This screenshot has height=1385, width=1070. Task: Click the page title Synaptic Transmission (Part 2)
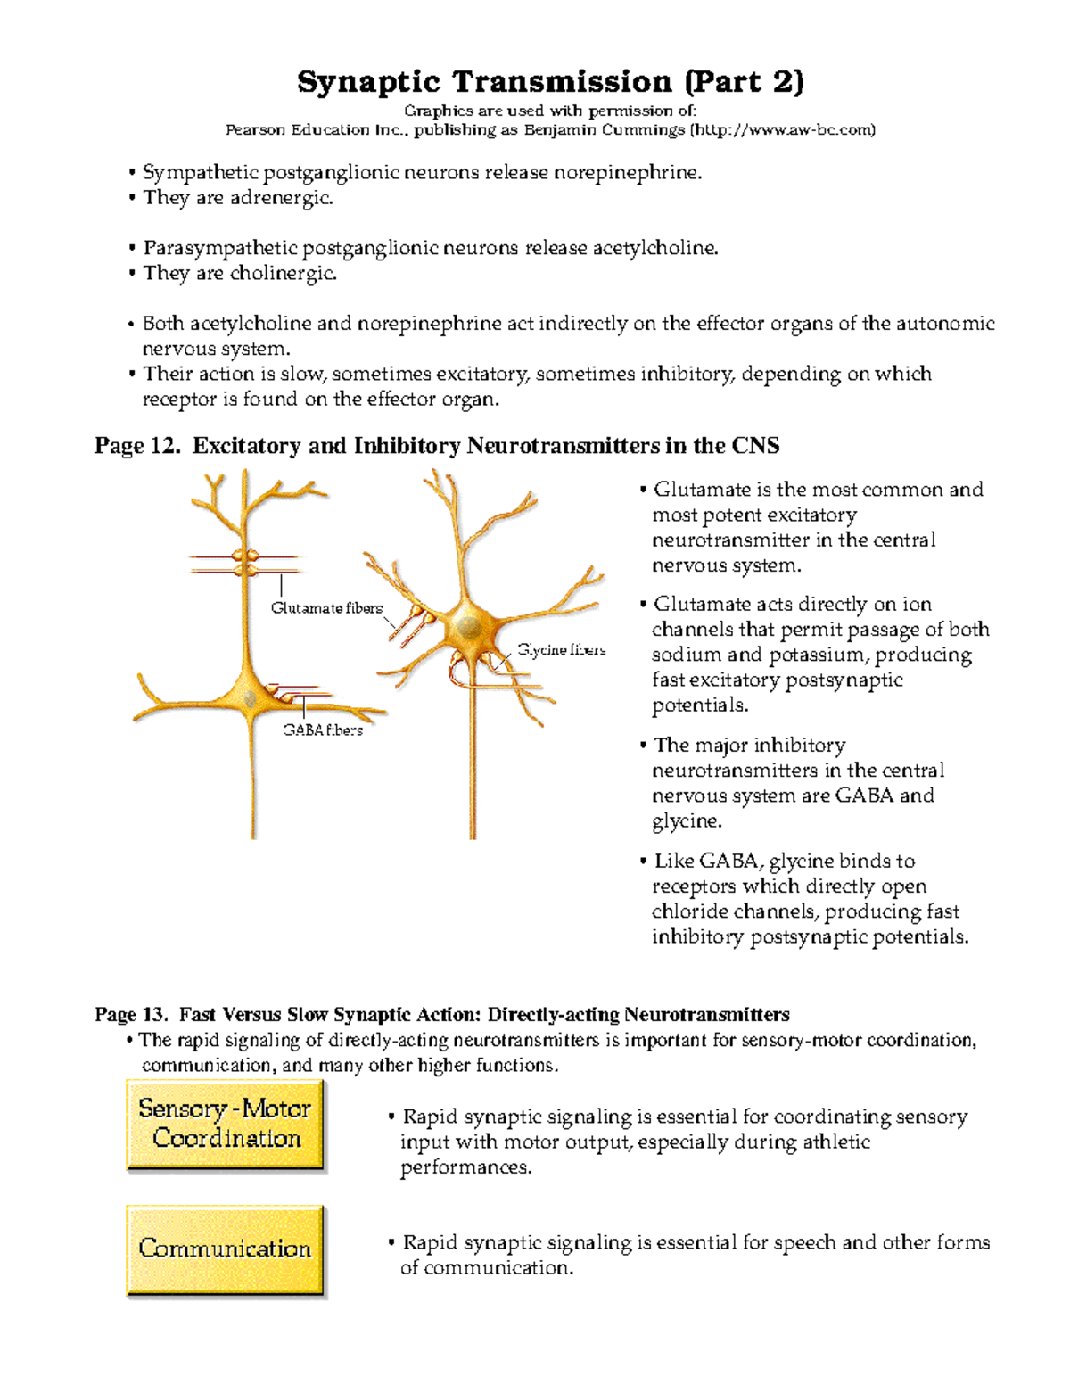coord(550,82)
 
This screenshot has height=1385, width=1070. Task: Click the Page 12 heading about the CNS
coord(437,446)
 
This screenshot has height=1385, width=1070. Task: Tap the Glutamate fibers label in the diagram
coord(326,608)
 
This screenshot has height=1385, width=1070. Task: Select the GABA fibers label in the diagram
coord(323,730)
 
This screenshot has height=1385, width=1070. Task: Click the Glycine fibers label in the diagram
coord(562,650)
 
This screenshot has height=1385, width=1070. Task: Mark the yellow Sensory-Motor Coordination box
coord(225,1124)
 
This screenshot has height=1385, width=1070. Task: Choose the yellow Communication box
coord(225,1249)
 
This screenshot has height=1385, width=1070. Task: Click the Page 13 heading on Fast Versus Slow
coord(442,1015)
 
